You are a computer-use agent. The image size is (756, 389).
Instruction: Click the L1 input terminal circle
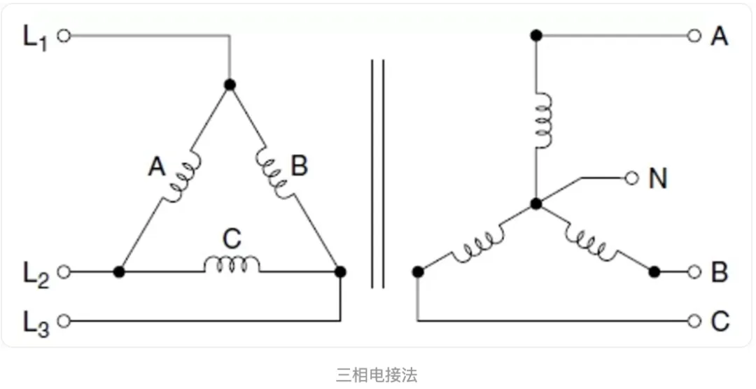click(64, 35)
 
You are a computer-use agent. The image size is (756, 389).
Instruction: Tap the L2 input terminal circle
click(64, 271)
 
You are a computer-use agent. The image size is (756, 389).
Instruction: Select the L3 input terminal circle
click(64, 321)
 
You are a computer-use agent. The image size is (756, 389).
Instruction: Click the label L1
click(36, 36)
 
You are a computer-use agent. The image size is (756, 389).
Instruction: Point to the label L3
click(36, 323)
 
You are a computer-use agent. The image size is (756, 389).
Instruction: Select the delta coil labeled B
click(274, 171)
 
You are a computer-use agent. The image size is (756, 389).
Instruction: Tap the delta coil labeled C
click(231, 264)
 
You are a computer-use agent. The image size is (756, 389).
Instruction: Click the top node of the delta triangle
click(230, 85)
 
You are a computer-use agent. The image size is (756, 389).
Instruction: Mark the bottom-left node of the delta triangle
click(120, 271)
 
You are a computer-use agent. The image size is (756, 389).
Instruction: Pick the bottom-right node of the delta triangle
click(340, 271)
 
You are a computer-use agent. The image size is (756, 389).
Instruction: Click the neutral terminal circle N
click(631, 178)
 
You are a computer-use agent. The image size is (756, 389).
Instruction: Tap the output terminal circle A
click(694, 35)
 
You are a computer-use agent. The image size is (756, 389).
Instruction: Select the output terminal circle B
click(694, 271)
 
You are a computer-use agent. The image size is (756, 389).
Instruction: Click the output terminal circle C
click(694, 321)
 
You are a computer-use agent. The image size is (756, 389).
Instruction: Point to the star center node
click(536, 204)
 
